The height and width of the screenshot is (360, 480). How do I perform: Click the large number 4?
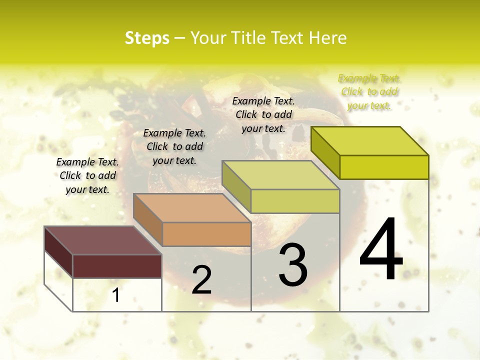tap(381, 249)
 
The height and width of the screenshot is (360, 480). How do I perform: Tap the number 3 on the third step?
tap(293, 264)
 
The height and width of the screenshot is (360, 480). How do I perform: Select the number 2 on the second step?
tap(201, 280)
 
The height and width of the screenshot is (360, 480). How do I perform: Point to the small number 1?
tap(116, 295)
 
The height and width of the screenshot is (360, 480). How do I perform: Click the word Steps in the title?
tap(147, 38)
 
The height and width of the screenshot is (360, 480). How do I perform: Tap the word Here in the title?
tap(328, 38)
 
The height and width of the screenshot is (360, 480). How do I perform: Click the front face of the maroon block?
tap(117, 266)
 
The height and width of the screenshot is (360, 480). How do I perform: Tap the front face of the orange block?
tap(206, 234)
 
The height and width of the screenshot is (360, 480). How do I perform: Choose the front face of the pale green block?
tap(295, 201)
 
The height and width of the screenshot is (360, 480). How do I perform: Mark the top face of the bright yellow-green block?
tap(370, 141)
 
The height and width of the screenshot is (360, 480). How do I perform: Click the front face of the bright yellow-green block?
tap(384, 167)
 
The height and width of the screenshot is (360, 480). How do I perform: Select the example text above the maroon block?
tap(87, 175)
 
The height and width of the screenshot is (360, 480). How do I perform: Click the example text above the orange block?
tap(174, 146)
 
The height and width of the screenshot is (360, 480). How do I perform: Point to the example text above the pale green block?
tap(263, 114)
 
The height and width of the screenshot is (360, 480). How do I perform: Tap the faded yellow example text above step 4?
tap(369, 91)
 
